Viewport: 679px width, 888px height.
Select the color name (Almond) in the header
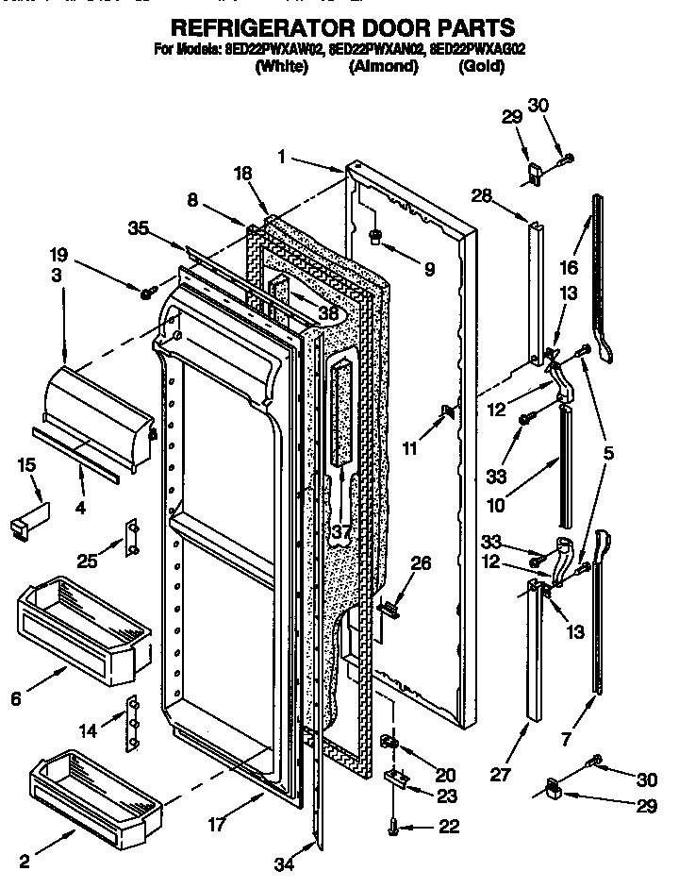(x=383, y=67)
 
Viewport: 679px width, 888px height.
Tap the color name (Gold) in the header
(x=480, y=67)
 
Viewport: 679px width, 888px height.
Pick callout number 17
(x=216, y=824)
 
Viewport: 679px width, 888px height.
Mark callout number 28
(x=482, y=194)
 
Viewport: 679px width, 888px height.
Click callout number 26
(x=422, y=564)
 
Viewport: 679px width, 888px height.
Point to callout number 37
(x=341, y=532)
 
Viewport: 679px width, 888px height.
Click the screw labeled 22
(x=393, y=828)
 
